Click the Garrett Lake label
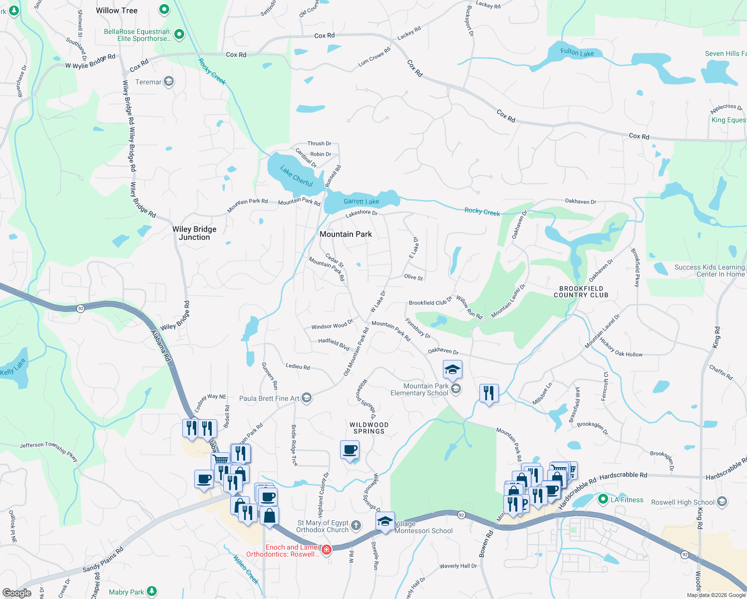pyautogui.click(x=361, y=202)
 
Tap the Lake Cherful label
pyautogui.click(x=297, y=176)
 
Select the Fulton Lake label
pyautogui.click(x=577, y=52)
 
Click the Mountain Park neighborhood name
pyautogui.click(x=346, y=234)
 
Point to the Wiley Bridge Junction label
pyautogui.click(x=194, y=233)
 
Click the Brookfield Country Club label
pyautogui.click(x=581, y=292)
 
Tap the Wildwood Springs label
pyautogui.click(x=369, y=428)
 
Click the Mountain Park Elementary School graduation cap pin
pyautogui.click(x=452, y=370)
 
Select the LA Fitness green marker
pyautogui.click(x=603, y=499)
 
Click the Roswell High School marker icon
pyautogui.click(x=722, y=502)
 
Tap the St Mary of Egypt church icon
pyautogui.click(x=356, y=525)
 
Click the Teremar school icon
pyautogui.click(x=169, y=81)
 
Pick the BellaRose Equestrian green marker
pyautogui.click(x=179, y=34)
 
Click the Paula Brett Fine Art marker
pyautogui.click(x=307, y=398)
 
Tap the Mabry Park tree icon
pyautogui.click(x=152, y=592)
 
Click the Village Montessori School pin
pyautogui.click(x=385, y=522)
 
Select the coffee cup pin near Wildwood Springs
pyautogui.click(x=350, y=449)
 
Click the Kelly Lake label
pyautogui.click(x=13, y=367)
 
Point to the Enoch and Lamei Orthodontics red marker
pyautogui.click(x=327, y=550)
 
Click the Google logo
pyautogui.click(x=17, y=593)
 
